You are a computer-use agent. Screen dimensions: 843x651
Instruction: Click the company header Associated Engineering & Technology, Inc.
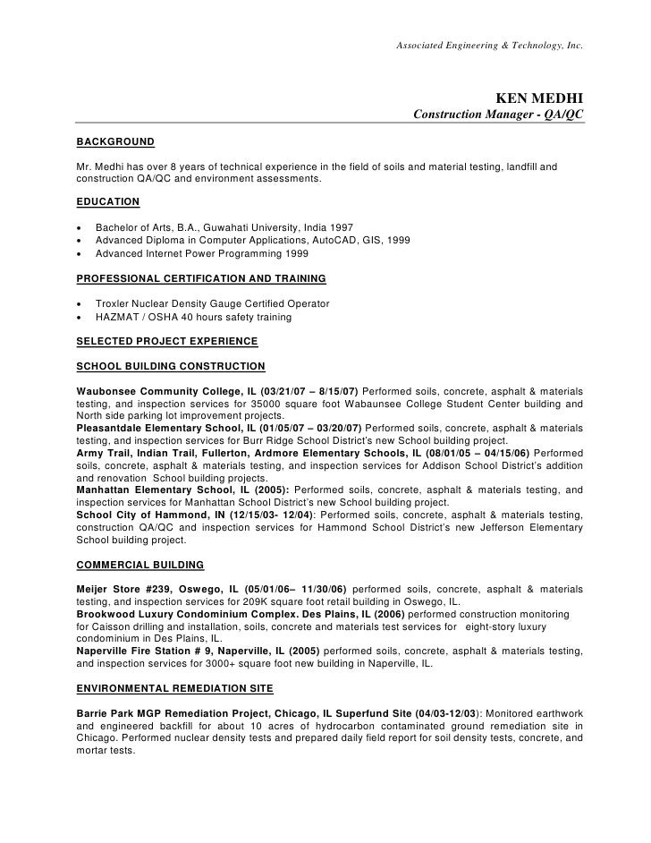tap(490, 45)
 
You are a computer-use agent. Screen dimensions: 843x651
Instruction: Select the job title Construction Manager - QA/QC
tap(499, 116)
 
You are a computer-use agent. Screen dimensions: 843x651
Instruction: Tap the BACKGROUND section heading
tap(115, 142)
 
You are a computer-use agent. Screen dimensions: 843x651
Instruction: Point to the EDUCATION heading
tap(108, 201)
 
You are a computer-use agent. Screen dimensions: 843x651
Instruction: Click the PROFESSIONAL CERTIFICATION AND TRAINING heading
tap(201, 278)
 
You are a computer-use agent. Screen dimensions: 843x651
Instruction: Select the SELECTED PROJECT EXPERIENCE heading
tap(167, 341)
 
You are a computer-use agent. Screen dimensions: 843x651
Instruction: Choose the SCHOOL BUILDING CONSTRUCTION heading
tap(171, 366)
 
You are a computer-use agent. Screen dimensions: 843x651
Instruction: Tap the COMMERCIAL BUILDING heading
tap(140, 565)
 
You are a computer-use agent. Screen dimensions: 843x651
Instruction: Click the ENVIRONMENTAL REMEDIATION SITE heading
tap(175, 688)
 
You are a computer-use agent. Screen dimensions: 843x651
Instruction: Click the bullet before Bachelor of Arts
tap(81, 228)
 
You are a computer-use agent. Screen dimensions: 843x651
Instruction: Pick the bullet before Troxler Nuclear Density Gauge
tap(81, 304)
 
